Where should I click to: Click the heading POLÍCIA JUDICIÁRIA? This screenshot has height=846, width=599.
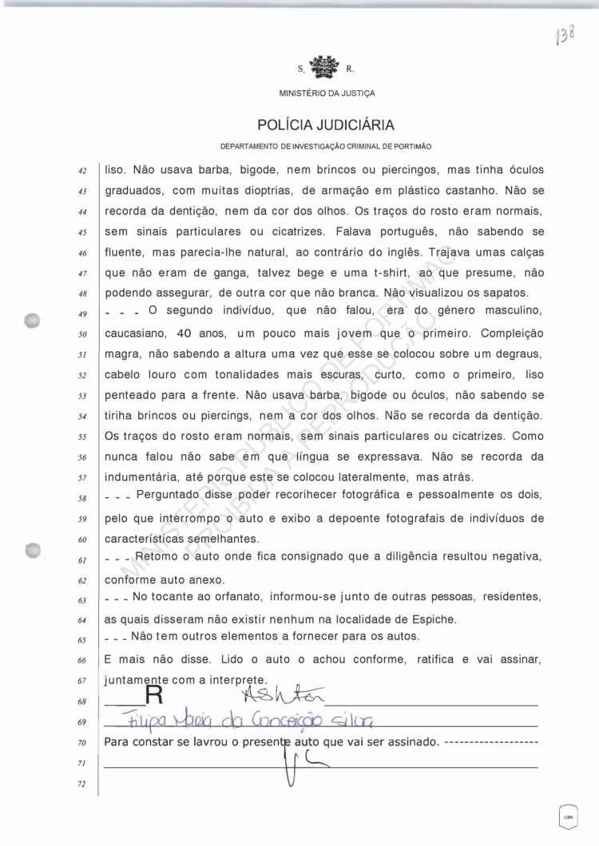tap(326, 125)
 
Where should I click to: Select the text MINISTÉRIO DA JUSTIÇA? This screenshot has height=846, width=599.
tap(326, 94)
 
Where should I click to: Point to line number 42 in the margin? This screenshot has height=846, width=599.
tap(83, 172)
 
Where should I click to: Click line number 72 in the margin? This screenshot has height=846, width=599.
tap(83, 785)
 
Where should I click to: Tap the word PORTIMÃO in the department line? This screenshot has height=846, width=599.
tap(413, 148)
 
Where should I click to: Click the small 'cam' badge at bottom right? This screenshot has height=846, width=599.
tap(569, 816)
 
